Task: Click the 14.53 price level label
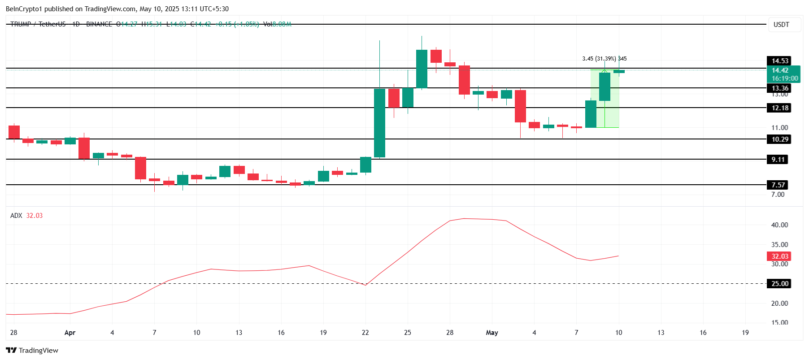(x=779, y=61)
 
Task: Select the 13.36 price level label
(x=779, y=88)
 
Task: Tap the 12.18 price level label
(x=779, y=108)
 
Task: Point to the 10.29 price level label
(x=779, y=139)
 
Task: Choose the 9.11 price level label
(x=778, y=160)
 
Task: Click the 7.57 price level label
(x=778, y=185)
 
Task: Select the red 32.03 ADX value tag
(x=779, y=256)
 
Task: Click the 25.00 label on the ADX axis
(x=779, y=284)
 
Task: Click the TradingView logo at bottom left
(x=32, y=351)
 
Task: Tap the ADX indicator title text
(x=16, y=216)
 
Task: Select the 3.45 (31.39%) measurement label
(x=599, y=59)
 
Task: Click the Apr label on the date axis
(x=70, y=333)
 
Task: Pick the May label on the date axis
(x=492, y=333)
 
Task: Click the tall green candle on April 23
(x=379, y=123)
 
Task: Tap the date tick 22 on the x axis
(x=365, y=333)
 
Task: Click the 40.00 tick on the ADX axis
(x=779, y=225)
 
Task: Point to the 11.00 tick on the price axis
(x=779, y=128)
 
